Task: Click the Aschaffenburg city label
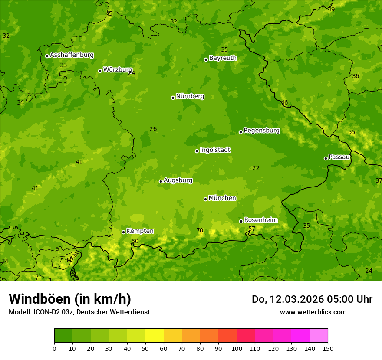[72, 55]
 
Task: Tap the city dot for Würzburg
[100, 71]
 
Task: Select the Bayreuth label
[223, 58]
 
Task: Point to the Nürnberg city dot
[173, 98]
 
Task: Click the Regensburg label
[261, 131]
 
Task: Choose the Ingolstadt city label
[215, 150]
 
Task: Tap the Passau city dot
[326, 158]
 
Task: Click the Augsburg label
[178, 180]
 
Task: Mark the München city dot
[205, 199]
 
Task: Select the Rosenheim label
[260, 220]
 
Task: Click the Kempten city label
[140, 231]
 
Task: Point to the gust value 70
[200, 230]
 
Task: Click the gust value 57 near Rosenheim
[252, 229]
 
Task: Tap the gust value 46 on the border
[284, 103]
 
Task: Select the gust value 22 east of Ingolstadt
[256, 168]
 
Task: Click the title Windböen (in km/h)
[70, 299]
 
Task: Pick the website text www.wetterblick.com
[313, 312]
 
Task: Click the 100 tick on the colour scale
[237, 349]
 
